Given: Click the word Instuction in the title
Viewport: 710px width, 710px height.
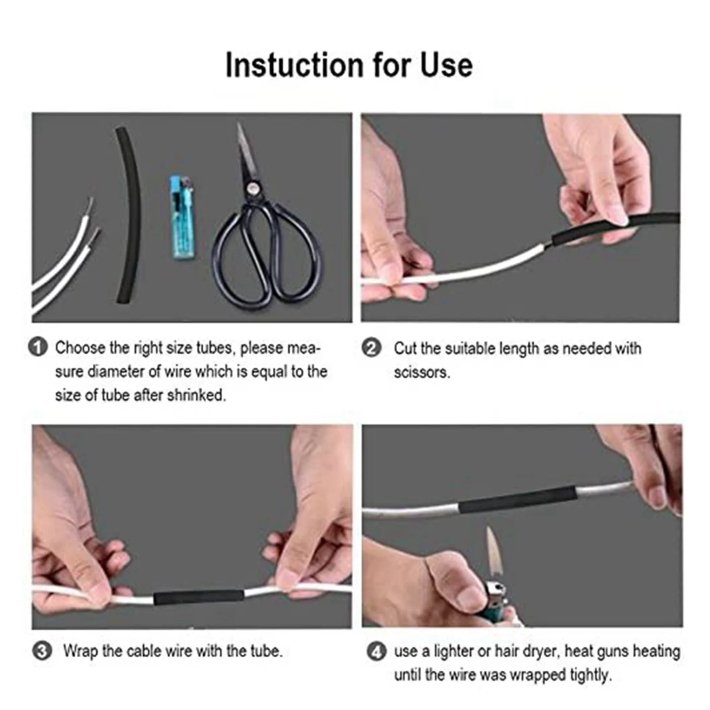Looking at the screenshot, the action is point(294,66).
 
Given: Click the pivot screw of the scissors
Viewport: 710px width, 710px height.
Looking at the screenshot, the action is point(253,190).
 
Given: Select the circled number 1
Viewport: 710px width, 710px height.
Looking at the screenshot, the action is point(38,348).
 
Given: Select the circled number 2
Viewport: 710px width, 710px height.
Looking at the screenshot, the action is point(372,348).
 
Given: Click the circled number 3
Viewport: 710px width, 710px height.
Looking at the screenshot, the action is point(42,651).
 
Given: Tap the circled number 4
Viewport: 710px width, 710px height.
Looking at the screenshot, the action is point(376,651).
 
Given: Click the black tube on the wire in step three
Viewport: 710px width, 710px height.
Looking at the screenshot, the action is point(199,598).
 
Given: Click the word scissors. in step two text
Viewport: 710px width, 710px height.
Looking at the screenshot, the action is point(422,372).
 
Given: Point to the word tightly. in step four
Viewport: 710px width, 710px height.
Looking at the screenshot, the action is point(589,675).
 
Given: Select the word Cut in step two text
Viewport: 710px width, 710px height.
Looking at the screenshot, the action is point(405,348).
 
